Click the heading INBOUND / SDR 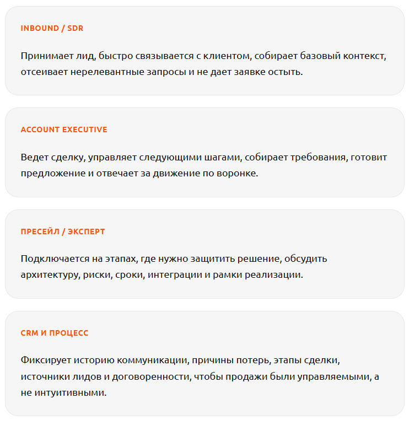(52, 28)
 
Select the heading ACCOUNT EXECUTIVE (64, 130)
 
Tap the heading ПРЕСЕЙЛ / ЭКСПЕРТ (62, 231)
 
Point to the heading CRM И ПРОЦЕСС (55, 333)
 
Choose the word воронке (238, 173)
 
